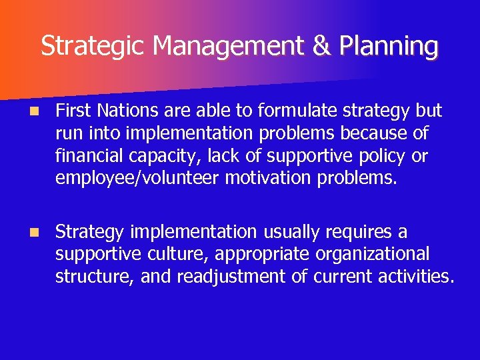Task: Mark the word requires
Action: (x=357, y=232)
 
